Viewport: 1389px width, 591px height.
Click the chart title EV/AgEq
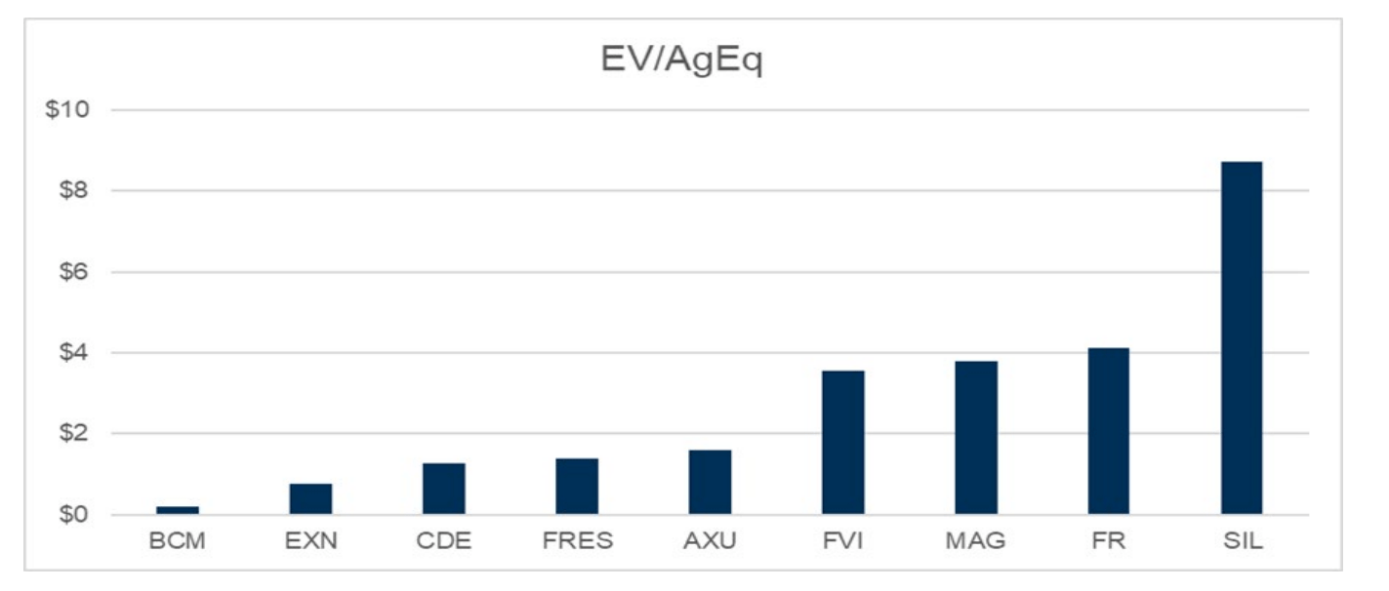click(x=681, y=60)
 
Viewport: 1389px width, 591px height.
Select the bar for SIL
click(x=1241, y=337)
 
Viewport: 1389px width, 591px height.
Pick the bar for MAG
click(x=976, y=438)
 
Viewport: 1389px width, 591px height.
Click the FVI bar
click(x=842, y=442)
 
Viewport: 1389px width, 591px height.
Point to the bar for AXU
click(x=710, y=482)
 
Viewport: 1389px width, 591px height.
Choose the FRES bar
click(x=577, y=486)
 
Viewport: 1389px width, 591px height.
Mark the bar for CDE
click(x=444, y=489)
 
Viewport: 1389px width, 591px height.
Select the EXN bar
click(x=310, y=498)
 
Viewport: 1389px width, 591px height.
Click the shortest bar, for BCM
click(x=178, y=510)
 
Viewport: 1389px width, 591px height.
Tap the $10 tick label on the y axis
click(x=67, y=109)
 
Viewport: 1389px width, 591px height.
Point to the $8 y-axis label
click(x=72, y=190)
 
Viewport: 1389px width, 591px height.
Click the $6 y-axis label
click(x=72, y=271)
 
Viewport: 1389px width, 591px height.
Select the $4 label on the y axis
click(x=72, y=352)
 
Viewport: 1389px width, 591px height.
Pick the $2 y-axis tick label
click(x=72, y=433)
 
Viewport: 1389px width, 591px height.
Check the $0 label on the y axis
click(x=72, y=514)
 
